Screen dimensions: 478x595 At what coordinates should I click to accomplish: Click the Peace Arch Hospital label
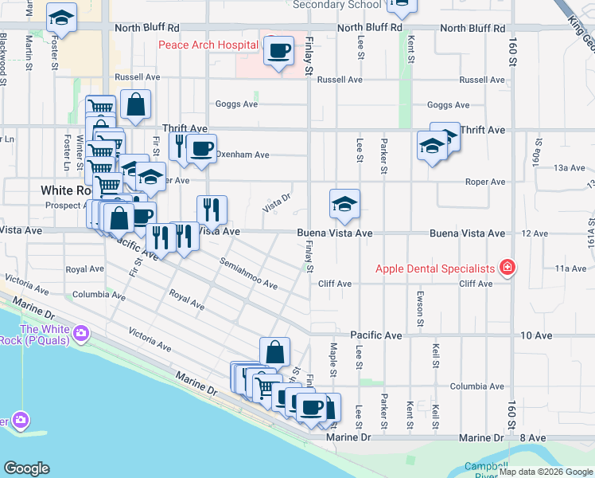pyautogui.click(x=208, y=45)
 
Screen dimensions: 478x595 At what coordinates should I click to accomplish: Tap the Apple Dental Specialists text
pyautogui.click(x=436, y=268)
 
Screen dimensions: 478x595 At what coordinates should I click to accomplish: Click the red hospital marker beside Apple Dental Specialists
pyautogui.click(x=507, y=268)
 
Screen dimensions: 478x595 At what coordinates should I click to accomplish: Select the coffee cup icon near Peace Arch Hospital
pyautogui.click(x=278, y=52)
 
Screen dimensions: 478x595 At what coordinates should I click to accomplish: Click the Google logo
pyautogui.click(x=26, y=468)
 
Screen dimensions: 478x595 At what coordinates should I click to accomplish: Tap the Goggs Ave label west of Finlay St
pyautogui.click(x=236, y=104)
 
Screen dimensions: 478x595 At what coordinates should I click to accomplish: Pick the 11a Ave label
pyautogui.click(x=570, y=268)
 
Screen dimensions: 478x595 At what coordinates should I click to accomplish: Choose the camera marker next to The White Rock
pyautogui.click(x=80, y=332)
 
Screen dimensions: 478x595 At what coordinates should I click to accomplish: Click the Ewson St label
pyautogui.click(x=420, y=302)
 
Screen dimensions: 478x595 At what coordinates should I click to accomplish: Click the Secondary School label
pyautogui.click(x=336, y=5)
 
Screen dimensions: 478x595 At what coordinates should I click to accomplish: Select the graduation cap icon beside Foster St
pyautogui.click(x=61, y=20)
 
